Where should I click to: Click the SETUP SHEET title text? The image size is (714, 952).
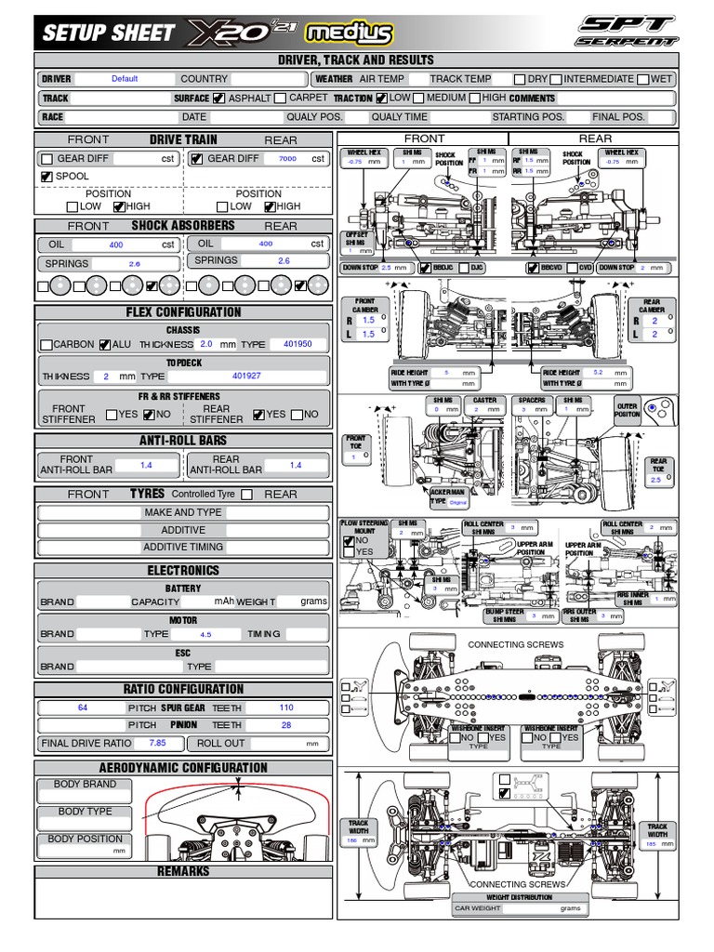(x=107, y=33)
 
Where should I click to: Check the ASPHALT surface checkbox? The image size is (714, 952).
(x=218, y=99)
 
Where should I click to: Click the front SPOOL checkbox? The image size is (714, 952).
(x=46, y=177)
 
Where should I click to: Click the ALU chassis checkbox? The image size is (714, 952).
(x=105, y=345)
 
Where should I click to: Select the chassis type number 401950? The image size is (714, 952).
(x=297, y=344)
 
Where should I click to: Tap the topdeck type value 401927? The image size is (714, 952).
(x=246, y=377)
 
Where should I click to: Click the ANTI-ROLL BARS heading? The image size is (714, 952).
(x=183, y=441)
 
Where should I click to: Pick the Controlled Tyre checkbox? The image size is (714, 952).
(x=246, y=495)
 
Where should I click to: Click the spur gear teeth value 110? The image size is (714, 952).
(x=286, y=707)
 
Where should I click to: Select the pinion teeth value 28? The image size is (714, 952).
(x=286, y=725)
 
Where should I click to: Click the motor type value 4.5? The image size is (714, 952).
(x=205, y=634)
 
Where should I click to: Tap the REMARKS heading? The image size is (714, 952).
(x=183, y=872)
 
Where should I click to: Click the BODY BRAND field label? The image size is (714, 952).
(x=86, y=785)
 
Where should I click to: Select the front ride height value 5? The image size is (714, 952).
(x=446, y=373)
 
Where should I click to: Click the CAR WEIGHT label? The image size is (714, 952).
(x=478, y=908)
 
